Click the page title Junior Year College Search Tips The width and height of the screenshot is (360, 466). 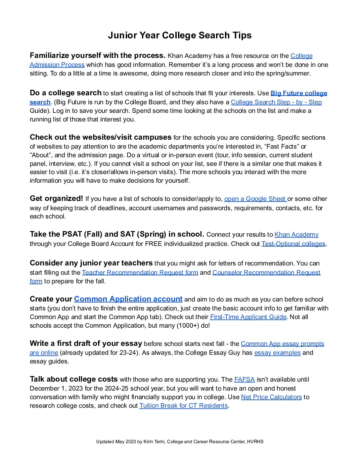tap(180, 35)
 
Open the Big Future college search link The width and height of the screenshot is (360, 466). tap(298, 93)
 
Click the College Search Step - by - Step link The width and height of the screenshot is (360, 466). tap(276, 102)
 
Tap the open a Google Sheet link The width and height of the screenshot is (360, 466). tap(255, 199)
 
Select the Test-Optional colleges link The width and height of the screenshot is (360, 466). tap(293, 244)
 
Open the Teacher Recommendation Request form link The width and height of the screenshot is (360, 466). tap(140, 273)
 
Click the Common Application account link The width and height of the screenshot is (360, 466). tap(128, 299)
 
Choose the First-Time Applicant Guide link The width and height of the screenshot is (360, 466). tap(248, 317)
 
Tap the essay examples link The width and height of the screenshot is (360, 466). tap(277, 353)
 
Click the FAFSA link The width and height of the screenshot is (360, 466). tap(244, 380)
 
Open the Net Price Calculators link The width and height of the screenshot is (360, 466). tap(271, 397)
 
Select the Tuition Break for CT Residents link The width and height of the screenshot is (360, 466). tap(183, 406)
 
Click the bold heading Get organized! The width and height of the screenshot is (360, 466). tap(56, 199)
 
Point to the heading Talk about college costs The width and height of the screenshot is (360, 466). tap(73, 379)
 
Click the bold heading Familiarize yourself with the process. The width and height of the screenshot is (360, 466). tap(97, 55)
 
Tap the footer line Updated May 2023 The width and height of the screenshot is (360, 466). tap(180, 442)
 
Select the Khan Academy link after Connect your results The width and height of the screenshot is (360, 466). tap(296, 235)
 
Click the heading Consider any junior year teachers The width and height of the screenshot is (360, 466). tap(91, 263)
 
